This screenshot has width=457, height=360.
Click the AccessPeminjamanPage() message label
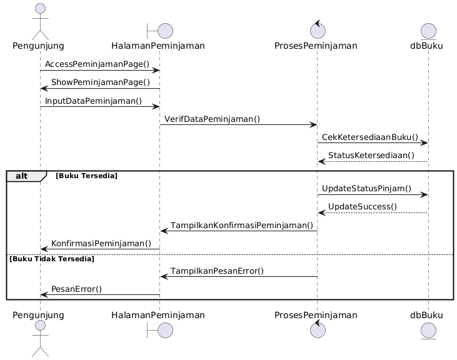coord(97,64)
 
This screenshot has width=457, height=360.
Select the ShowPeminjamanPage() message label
coord(101,82)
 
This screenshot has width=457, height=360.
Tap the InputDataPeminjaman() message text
coord(93,101)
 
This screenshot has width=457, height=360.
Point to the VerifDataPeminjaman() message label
coord(213,119)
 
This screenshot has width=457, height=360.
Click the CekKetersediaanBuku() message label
coord(370,137)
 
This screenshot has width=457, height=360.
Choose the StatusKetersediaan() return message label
coord(371,155)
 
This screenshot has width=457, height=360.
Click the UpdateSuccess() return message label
coord(363,206)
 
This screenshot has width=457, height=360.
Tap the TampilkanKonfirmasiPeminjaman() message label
coord(242,225)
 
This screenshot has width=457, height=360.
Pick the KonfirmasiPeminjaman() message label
coord(101,243)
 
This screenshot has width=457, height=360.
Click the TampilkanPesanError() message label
coord(218,271)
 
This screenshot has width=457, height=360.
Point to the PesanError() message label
coord(76,289)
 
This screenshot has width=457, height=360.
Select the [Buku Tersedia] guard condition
coord(86,176)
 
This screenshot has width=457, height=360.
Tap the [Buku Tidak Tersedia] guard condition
coord(51,259)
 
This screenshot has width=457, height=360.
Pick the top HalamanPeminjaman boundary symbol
coord(160,29)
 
